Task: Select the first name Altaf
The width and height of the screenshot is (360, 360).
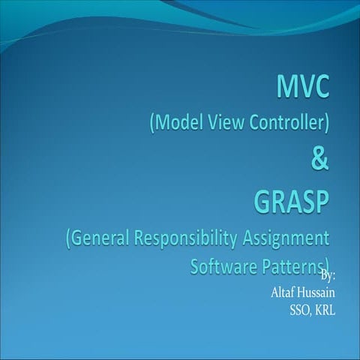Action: (284, 292)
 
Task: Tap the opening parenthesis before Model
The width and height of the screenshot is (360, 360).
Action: (151, 122)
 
